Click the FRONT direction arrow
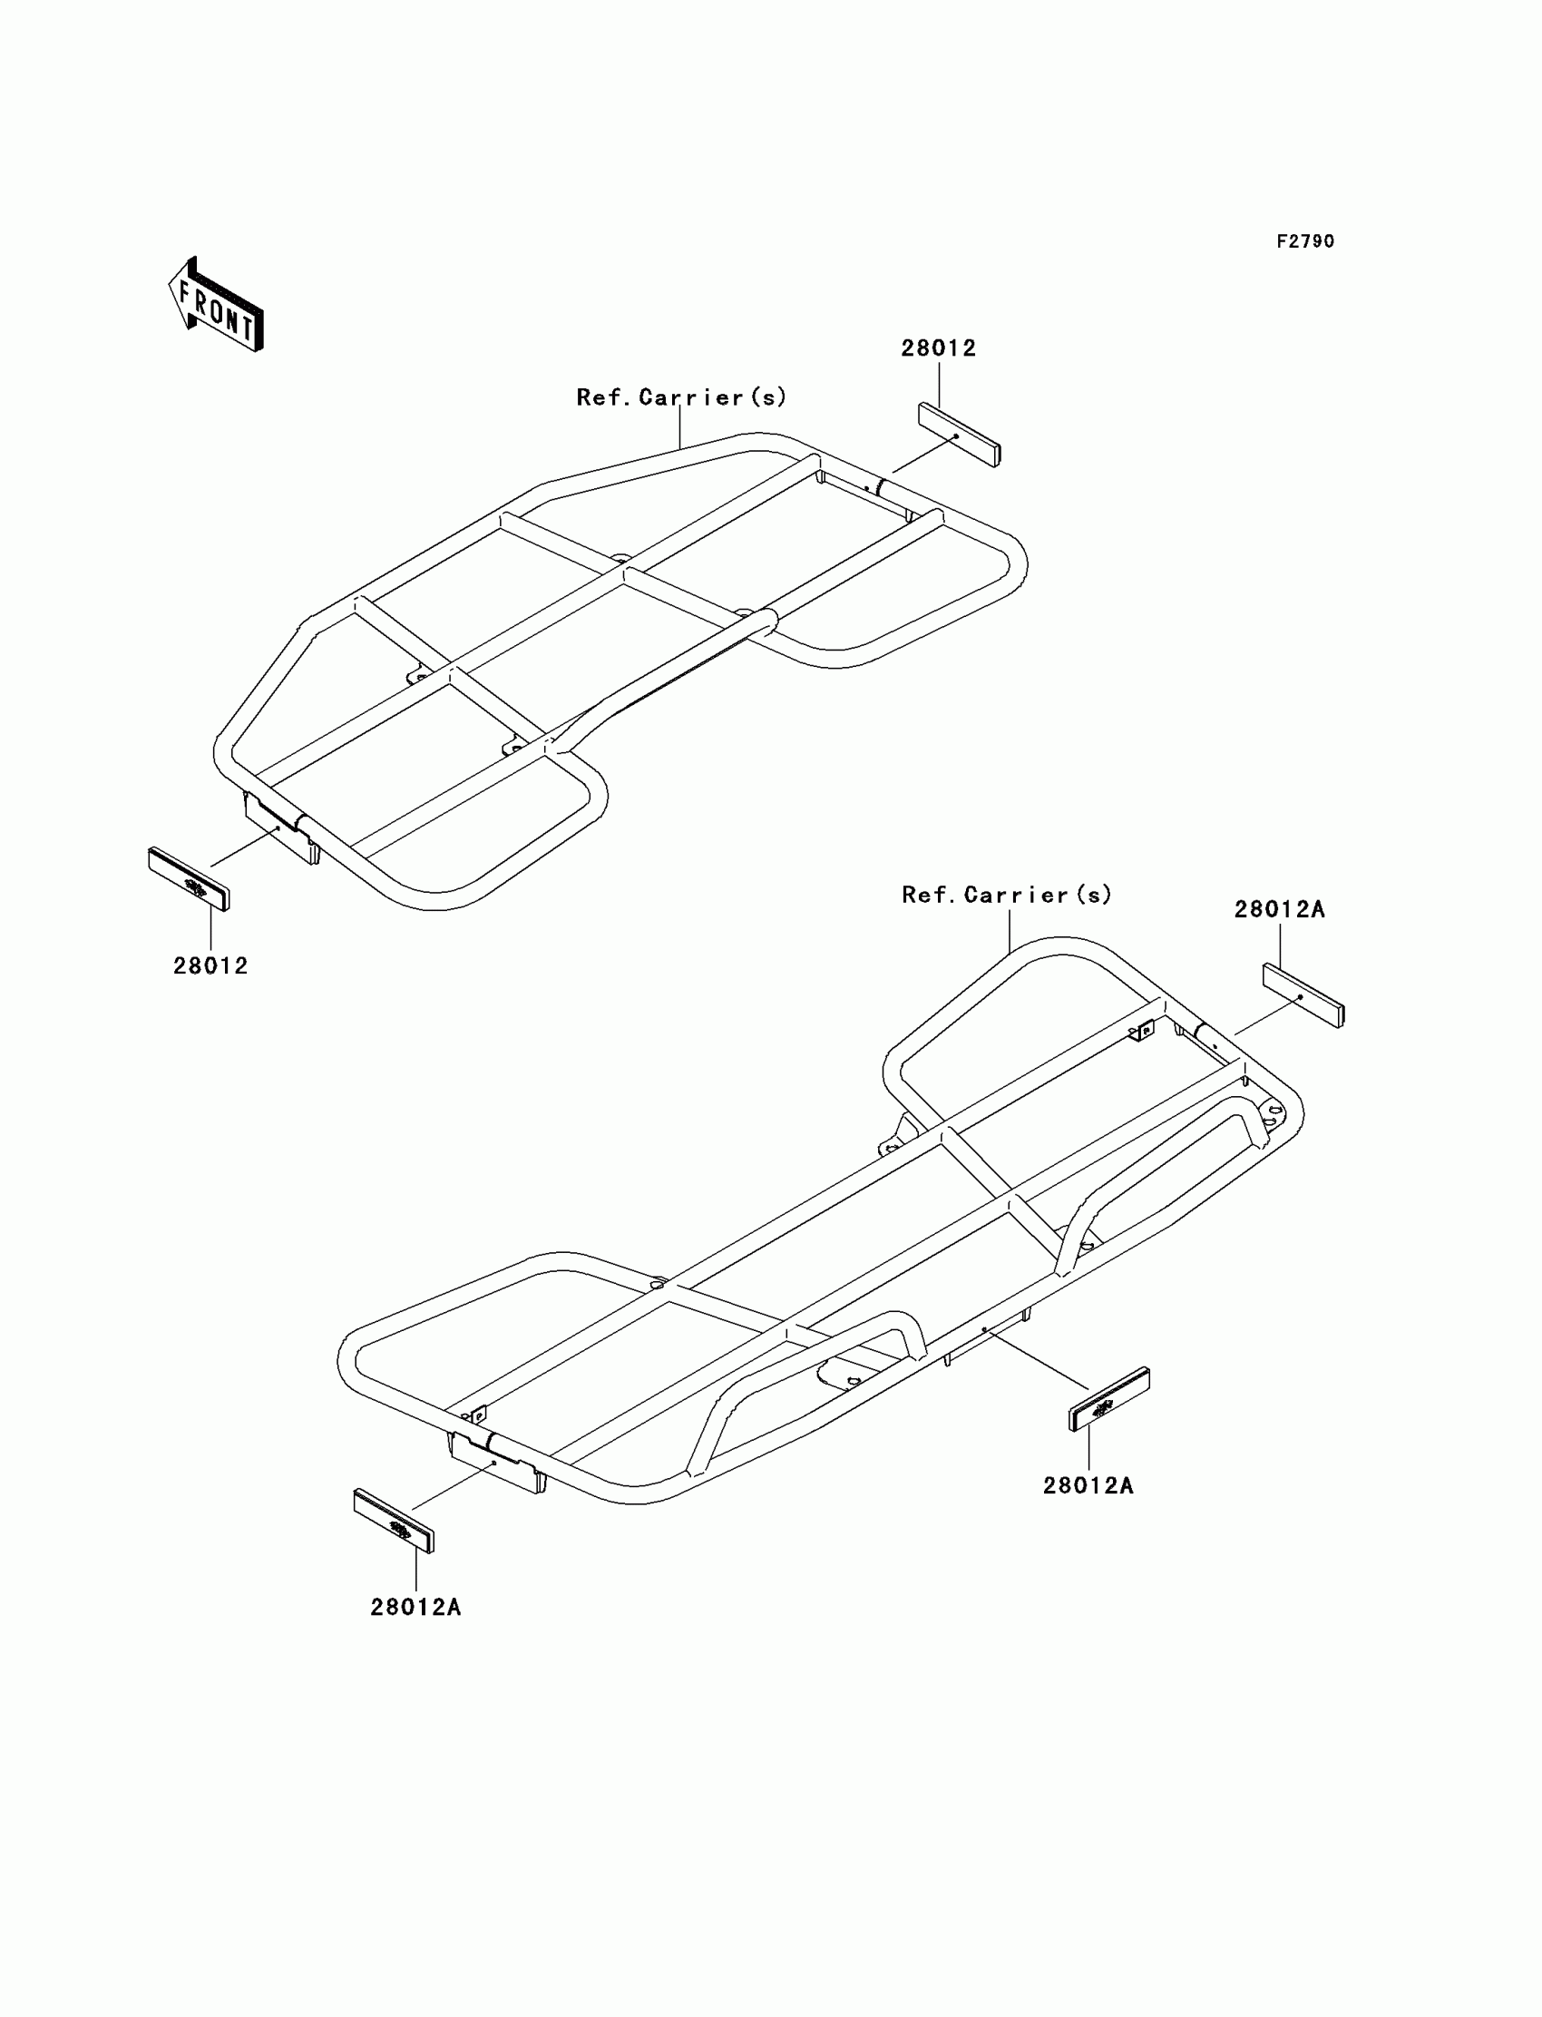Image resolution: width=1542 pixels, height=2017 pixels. click(x=217, y=305)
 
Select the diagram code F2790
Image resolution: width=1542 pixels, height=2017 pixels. click(x=1305, y=241)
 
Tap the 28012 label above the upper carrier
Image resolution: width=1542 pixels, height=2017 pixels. click(x=938, y=348)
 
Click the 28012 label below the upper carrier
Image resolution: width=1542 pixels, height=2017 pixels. click(x=211, y=965)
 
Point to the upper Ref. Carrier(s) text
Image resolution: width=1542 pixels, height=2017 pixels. click(x=681, y=397)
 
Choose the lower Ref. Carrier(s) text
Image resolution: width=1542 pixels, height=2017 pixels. click(x=1007, y=896)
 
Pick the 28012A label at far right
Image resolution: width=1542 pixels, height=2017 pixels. click(x=1280, y=910)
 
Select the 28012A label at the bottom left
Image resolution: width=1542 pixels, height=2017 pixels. click(x=415, y=1607)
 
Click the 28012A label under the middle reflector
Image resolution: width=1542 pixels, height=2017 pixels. click(x=1088, y=1485)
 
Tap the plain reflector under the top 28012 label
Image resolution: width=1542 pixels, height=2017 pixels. click(x=959, y=435)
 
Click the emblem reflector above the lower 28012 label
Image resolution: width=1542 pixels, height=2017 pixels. click(x=189, y=878)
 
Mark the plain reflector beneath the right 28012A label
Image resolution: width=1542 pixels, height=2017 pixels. click(x=1303, y=996)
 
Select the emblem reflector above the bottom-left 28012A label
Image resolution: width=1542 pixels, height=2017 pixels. click(x=394, y=1521)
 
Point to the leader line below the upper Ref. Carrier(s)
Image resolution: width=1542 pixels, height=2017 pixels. click(x=681, y=428)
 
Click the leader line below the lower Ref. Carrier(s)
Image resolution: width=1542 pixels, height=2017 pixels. click(x=1010, y=930)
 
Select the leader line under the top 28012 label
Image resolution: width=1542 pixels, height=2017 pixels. click(x=939, y=384)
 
